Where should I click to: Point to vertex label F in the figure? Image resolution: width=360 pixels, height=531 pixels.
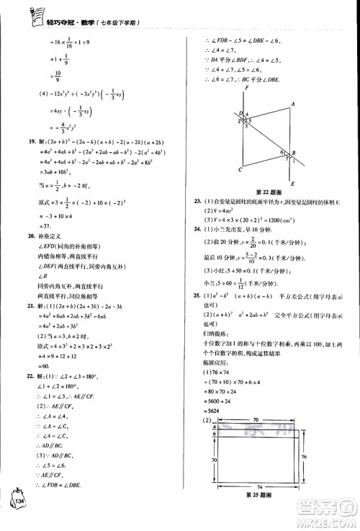tap(246, 87)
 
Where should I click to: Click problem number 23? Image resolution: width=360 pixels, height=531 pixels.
tap(196, 200)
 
